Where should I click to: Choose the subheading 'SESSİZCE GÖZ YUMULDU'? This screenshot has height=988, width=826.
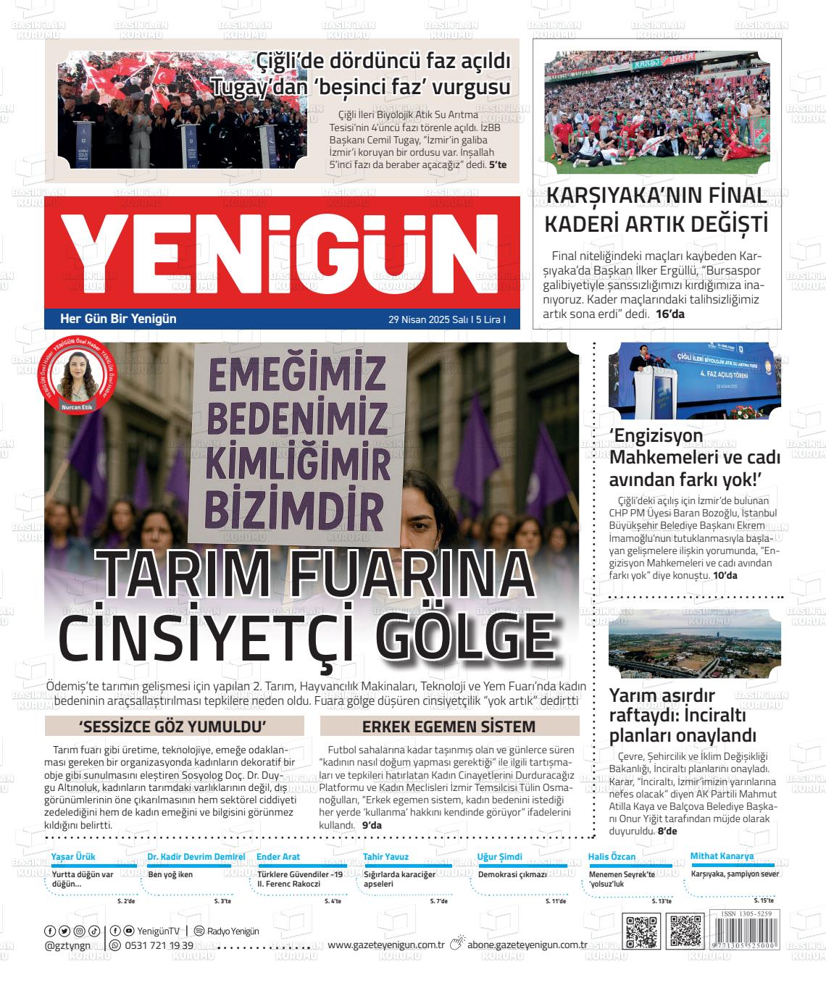point(173,727)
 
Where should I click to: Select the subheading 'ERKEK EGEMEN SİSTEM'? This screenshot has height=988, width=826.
point(449,727)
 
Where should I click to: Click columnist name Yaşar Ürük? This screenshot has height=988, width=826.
point(72,857)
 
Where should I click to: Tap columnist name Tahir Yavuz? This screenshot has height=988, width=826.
point(385,857)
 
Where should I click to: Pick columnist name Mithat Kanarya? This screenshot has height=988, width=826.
point(722,856)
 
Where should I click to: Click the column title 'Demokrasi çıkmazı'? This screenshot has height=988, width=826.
point(512,874)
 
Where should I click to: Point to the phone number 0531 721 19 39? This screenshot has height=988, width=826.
point(159,945)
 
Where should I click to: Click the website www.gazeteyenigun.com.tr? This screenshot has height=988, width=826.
point(385,945)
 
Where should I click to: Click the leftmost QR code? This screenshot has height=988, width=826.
point(641,932)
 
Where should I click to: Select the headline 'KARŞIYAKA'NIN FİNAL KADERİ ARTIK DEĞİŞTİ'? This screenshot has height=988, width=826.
point(656,209)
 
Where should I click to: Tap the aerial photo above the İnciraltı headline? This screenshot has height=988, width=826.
point(695,649)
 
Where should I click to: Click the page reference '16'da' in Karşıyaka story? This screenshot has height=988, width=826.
point(669,314)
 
